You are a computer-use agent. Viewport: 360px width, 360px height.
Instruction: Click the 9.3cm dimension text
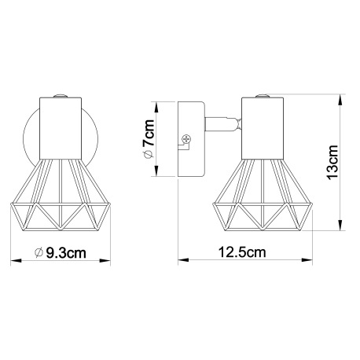point(67,253)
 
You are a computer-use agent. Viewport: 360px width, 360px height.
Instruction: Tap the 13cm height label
point(332,163)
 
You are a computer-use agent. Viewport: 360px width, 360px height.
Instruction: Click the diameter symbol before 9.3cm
point(40,253)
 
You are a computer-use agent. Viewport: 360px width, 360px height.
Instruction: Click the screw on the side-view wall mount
point(186,139)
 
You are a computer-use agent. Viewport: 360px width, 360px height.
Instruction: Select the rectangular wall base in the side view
point(191,139)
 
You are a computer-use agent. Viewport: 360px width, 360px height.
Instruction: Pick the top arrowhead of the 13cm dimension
point(340,98)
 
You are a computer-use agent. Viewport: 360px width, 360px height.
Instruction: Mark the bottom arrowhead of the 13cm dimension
point(340,232)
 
